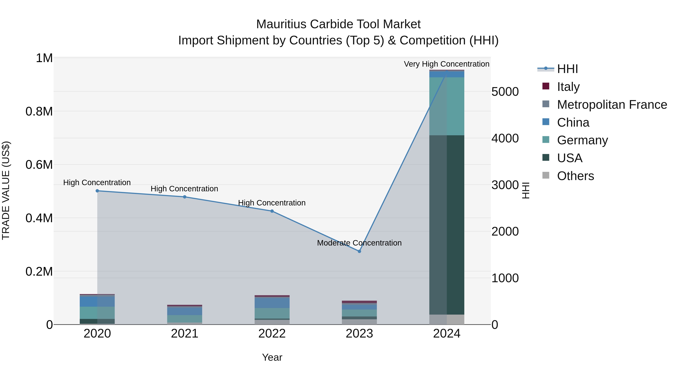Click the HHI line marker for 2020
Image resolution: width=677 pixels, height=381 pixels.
coord(97,191)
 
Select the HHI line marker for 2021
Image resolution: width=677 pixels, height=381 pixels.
coord(184,197)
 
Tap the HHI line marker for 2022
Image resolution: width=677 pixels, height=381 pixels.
coord(272,211)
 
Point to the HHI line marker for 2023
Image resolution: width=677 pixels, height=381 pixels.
coord(359,251)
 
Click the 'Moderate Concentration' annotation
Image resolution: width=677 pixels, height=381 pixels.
coord(359,243)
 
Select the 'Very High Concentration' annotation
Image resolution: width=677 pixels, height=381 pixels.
coord(446,64)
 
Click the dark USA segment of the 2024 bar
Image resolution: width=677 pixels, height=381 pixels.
coord(447,225)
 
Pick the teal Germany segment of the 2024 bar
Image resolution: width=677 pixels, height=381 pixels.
coord(447,106)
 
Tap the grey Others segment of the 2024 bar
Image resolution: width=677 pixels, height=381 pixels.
coord(447,319)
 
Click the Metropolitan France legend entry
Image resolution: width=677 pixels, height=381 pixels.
coord(612,105)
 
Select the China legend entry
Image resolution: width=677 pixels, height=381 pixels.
coord(573,122)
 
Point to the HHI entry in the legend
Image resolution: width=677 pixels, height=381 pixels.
coord(567,69)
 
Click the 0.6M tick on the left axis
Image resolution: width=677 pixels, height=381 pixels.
coord(39,165)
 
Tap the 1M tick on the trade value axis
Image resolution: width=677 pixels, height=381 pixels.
coord(44,58)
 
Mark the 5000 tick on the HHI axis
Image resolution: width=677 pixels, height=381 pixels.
coord(505,92)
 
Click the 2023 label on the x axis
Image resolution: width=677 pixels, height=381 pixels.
coord(359,334)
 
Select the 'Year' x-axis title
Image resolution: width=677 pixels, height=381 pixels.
coord(272,357)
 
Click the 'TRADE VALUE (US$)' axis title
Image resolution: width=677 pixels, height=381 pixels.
coord(6,190)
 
